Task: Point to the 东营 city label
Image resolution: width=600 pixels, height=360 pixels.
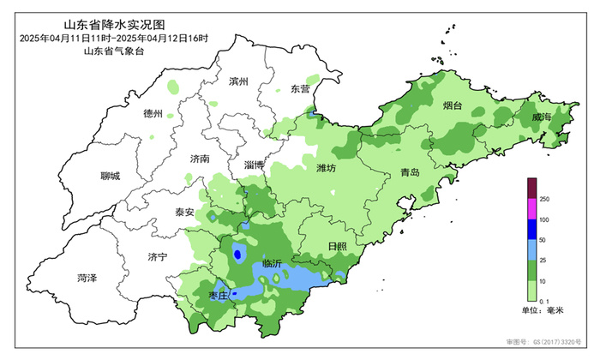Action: (x=300, y=88)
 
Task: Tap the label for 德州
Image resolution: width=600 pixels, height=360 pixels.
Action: (x=154, y=113)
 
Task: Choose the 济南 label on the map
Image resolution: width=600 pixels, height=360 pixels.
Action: (x=199, y=159)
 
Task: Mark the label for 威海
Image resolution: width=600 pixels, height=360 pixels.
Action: (x=541, y=116)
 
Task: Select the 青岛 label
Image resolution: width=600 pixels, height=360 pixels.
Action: (x=410, y=173)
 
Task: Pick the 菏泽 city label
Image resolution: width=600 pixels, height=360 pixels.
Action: (x=87, y=279)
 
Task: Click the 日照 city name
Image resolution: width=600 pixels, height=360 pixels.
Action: (x=338, y=247)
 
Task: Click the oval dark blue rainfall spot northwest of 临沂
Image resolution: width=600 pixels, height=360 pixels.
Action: (x=237, y=254)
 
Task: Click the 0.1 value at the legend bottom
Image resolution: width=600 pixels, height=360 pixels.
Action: (x=546, y=303)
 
